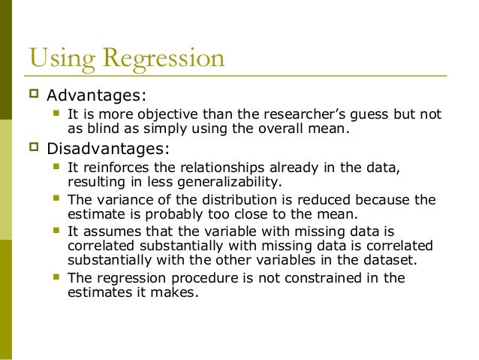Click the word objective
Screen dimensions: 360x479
pos(150,115)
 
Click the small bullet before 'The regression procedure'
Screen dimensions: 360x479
pos(56,277)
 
